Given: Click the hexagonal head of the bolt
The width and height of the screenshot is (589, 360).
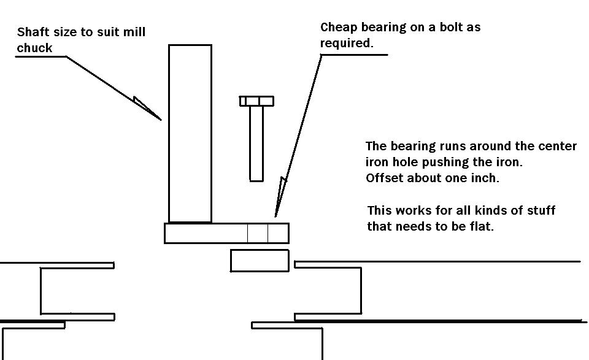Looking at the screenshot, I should point(257,101).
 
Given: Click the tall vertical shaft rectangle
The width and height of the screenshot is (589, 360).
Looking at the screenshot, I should point(190,133).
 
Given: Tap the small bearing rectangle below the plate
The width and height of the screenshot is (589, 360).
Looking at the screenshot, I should point(260,260).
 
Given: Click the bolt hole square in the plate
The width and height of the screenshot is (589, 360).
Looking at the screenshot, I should point(258,233).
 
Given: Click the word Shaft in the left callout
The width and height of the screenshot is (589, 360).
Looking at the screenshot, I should point(31,33).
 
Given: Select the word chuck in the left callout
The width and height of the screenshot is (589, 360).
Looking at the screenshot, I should point(34,48).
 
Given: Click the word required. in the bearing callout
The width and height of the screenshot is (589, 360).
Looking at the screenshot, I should point(346,44).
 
